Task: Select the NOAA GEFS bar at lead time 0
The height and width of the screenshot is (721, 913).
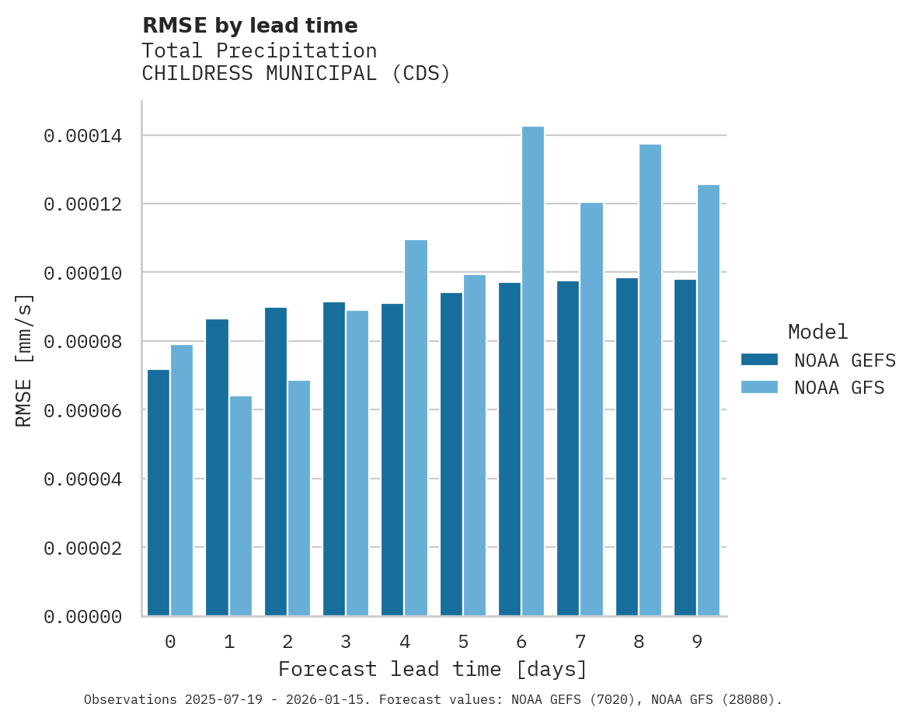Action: (x=159, y=493)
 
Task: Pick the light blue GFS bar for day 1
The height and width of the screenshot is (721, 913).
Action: (x=241, y=506)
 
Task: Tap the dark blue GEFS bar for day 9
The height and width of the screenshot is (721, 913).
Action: (x=685, y=448)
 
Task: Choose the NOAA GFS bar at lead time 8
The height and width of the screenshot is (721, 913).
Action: (x=650, y=380)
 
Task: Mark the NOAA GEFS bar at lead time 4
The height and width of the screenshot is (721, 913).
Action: (x=392, y=459)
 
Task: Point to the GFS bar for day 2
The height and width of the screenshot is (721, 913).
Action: (x=299, y=498)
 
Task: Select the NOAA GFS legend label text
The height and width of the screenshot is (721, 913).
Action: (x=839, y=388)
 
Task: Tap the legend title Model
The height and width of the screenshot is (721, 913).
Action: (x=817, y=332)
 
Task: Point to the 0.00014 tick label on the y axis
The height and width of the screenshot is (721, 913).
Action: (x=83, y=137)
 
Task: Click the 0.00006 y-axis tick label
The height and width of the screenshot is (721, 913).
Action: (x=83, y=410)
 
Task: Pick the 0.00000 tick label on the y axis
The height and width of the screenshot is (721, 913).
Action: (x=83, y=617)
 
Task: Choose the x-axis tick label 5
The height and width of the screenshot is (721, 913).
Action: (x=463, y=642)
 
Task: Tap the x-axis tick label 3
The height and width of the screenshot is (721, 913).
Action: (x=346, y=642)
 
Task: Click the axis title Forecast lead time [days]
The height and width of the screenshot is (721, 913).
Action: (x=433, y=669)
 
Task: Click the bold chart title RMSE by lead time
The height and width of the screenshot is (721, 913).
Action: (x=250, y=26)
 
